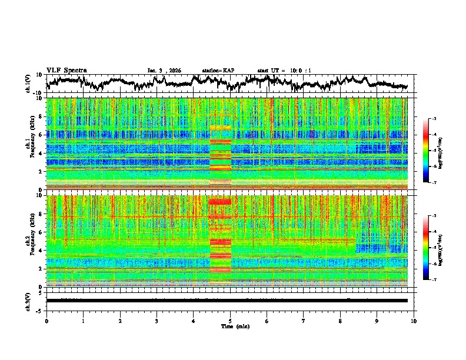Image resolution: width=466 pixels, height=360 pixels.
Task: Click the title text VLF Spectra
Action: tap(66, 70)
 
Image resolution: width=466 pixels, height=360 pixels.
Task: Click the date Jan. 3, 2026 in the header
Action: tap(164, 71)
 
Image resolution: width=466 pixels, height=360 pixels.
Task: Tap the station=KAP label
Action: tap(218, 71)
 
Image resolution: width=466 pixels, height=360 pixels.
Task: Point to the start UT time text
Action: tap(284, 71)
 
